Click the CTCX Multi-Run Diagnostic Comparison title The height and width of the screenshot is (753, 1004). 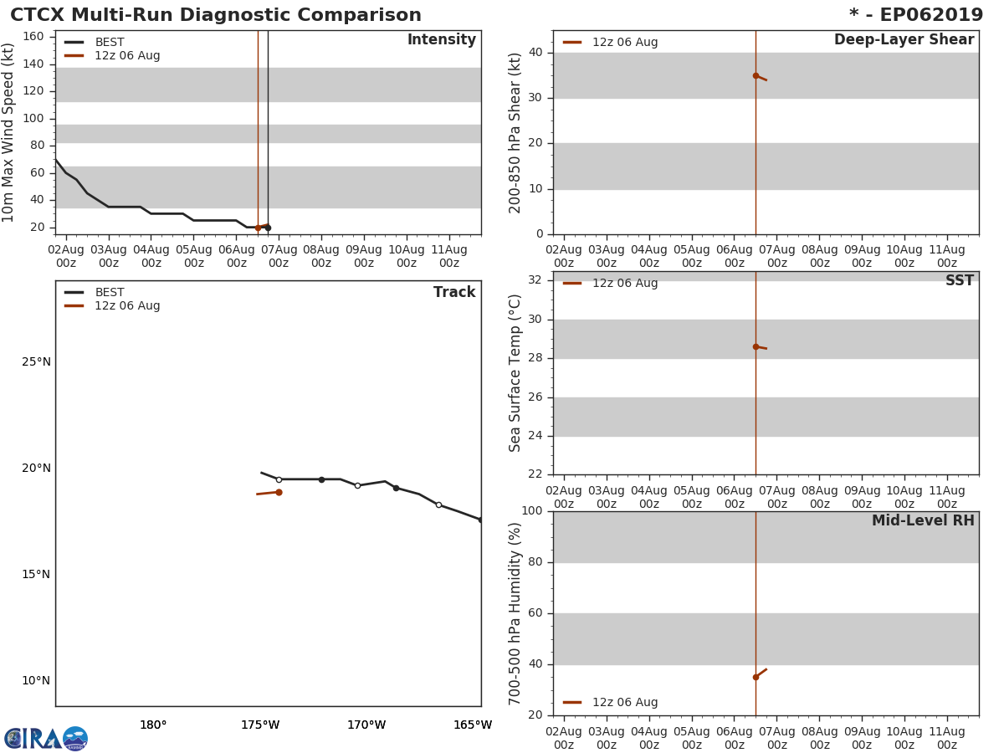[x=216, y=15]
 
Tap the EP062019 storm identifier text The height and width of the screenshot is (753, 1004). [x=930, y=15]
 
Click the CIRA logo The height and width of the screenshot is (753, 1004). [x=46, y=738]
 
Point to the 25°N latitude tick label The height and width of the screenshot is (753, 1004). [x=36, y=362]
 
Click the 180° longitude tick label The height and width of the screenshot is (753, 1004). [x=153, y=725]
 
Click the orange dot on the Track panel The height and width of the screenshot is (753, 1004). [x=279, y=492]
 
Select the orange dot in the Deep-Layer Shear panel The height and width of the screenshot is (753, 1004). [x=756, y=75]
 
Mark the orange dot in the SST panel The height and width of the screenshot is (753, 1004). [x=756, y=346]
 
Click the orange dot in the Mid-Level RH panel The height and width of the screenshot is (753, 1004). [x=756, y=677]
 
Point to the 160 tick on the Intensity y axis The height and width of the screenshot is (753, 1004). [x=34, y=37]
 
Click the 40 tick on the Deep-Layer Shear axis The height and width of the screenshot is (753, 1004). [x=535, y=53]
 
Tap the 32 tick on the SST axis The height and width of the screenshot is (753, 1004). [x=535, y=280]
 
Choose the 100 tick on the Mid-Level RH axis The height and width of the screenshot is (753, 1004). [x=532, y=511]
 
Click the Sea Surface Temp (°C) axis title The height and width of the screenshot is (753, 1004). [x=515, y=372]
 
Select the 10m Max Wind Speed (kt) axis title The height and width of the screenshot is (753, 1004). [x=9, y=132]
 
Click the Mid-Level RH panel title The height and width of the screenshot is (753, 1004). [x=923, y=521]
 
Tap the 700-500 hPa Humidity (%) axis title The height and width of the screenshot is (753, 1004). [x=515, y=613]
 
